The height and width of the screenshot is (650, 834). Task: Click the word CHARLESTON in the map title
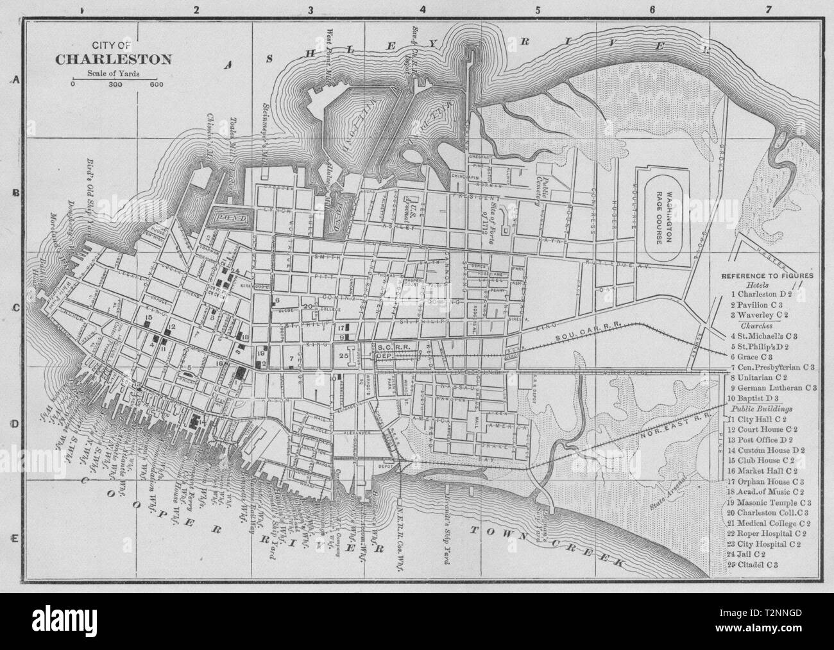tap(114, 60)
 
